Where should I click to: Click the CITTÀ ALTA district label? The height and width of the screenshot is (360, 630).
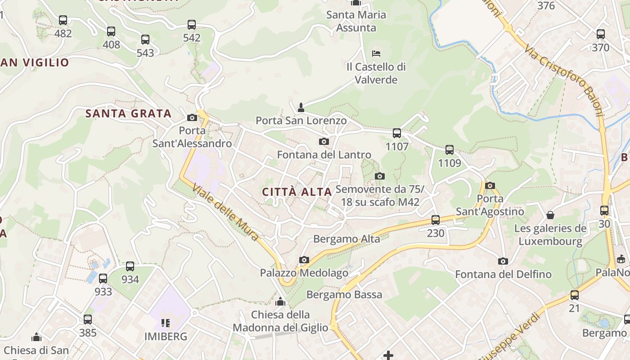pyautogui.click(x=297, y=192)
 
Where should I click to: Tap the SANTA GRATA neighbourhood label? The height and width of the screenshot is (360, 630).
pyautogui.click(x=129, y=113)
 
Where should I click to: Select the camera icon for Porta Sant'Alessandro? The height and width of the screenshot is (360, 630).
pyautogui.click(x=192, y=118)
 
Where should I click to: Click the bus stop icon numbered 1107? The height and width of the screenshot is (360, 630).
pyautogui.click(x=396, y=133)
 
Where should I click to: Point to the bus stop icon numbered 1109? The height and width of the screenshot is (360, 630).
pyautogui.click(x=449, y=150)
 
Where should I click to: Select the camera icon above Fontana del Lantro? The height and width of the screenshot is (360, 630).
pyautogui.click(x=324, y=142)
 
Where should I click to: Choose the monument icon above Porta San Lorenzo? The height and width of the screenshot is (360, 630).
pyautogui.click(x=301, y=108)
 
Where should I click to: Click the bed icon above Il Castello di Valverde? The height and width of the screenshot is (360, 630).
pyautogui.click(x=376, y=54)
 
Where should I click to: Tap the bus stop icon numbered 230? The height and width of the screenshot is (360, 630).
pyautogui.click(x=435, y=220)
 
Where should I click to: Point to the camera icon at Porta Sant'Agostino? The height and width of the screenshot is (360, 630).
pyautogui.click(x=490, y=185)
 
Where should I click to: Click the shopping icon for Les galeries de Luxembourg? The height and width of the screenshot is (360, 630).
pyautogui.click(x=550, y=215)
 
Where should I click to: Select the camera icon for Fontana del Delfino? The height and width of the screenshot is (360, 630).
pyautogui.click(x=503, y=261)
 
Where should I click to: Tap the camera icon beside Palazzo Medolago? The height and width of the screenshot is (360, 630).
pyautogui.click(x=304, y=260)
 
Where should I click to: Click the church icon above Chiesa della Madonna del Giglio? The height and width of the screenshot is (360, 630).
pyautogui.click(x=280, y=301)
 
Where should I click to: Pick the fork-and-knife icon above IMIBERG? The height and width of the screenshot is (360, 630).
pyautogui.click(x=166, y=323)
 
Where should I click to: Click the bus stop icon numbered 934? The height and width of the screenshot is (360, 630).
pyautogui.click(x=130, y=266)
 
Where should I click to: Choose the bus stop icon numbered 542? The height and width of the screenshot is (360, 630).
pyautogui.click(x=192, y=25)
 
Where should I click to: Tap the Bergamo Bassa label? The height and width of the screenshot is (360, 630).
pyautogui.click(x=344, y=295)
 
